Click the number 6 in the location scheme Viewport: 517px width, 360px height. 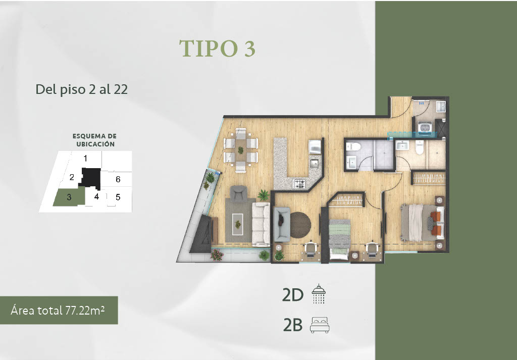[x=118, y=179]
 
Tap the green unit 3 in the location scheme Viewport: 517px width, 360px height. [x=69, y=198]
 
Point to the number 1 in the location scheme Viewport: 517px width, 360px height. [x=85, y=159]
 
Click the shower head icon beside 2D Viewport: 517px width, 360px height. [x=319, y=294]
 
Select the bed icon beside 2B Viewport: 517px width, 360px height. [x=320, y=325]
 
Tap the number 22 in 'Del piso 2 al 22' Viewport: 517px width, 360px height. [x=121, y=89]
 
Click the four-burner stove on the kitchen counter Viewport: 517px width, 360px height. [x=300, y=183]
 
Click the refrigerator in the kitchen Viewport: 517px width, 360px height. [x=315, y=147]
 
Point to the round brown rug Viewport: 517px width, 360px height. [x=300, y=225]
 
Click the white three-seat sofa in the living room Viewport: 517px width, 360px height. [x=261, y=225]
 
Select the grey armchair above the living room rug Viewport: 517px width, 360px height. [x=238, y=193]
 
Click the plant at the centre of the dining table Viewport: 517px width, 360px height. [x=241, y=150]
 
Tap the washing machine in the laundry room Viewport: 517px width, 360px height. [x=425, y=127]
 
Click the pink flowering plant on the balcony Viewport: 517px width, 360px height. [x=217, y=255]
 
